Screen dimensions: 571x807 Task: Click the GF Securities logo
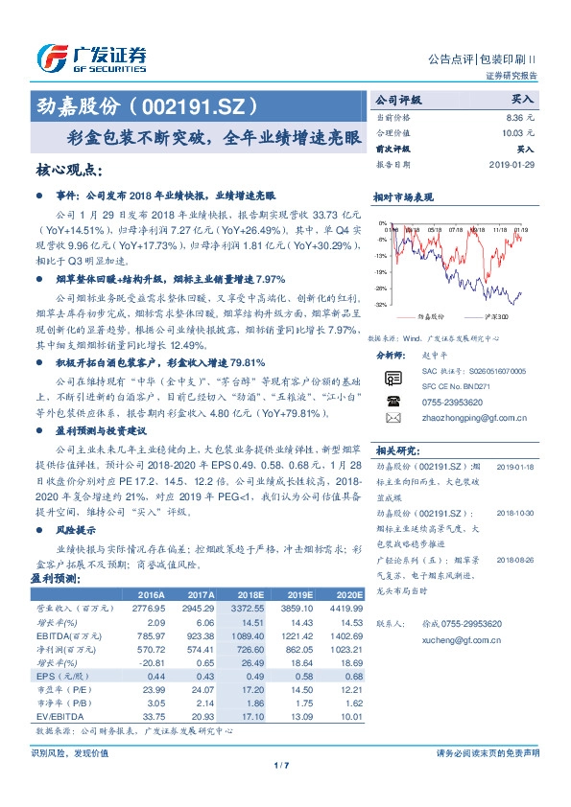point(91,58)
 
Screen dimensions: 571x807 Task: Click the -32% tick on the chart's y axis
point(380,305)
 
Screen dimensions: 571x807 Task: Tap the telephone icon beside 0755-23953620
point(393,402)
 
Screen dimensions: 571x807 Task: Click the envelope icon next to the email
point(393,419)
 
